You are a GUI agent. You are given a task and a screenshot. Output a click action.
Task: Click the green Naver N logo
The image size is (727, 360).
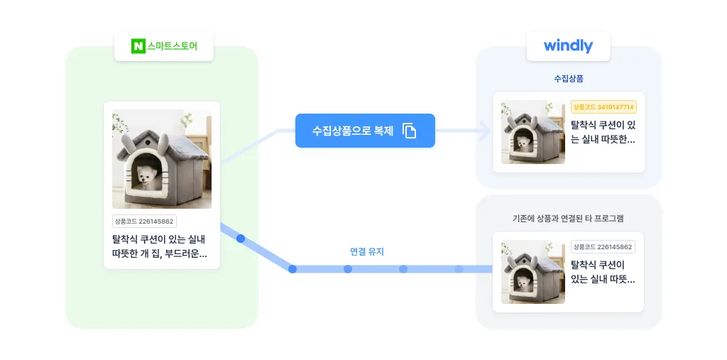138,47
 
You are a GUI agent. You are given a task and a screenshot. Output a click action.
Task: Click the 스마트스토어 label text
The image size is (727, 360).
171,47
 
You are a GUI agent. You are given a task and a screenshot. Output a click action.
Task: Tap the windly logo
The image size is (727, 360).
568,46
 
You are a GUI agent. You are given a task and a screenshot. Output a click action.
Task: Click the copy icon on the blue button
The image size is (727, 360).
410,131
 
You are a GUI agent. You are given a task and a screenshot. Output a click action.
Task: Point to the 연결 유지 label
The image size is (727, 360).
367,251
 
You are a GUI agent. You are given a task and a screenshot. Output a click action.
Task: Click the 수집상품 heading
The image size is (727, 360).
569,78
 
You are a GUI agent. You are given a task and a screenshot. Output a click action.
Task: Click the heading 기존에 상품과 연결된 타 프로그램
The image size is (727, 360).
568,218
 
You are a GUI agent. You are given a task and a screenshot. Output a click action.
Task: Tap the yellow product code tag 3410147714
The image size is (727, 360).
603,107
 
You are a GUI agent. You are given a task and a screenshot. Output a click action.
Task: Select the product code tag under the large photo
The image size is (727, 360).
144,222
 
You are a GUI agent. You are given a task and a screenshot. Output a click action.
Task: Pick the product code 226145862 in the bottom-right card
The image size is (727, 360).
603,247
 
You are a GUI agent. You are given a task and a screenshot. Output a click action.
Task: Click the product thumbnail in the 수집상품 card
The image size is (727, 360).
532,133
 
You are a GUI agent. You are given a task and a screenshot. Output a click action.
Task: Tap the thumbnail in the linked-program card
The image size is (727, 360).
532,273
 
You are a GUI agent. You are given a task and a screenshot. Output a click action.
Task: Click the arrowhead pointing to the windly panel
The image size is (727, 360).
486,131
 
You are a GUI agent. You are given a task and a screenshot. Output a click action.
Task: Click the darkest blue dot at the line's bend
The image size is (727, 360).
293,269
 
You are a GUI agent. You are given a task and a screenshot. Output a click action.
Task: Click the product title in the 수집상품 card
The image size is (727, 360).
603,131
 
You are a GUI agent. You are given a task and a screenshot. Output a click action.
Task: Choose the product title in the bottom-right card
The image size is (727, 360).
603,272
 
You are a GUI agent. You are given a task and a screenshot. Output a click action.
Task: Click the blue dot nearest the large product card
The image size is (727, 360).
241,239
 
